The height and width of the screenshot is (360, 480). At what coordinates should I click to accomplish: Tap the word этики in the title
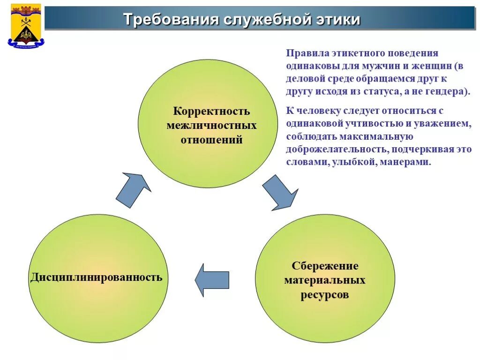pos(340,20)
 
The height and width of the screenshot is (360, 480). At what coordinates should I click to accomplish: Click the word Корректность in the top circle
pos(212,112)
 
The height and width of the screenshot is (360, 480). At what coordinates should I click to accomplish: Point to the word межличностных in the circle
pos(212,126)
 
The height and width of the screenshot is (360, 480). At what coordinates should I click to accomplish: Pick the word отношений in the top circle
pos(212,140)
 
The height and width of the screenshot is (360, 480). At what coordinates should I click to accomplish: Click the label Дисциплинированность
pos(97,277)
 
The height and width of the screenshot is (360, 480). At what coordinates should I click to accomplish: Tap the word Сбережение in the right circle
pos(325,266)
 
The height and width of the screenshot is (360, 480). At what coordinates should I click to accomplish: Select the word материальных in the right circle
pos(325,281)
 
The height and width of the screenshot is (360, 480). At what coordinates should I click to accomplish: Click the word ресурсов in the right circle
pos(325,295)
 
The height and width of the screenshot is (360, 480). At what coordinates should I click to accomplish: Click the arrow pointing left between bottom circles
pos(212,280)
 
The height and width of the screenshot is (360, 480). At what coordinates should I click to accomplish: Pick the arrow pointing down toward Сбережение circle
pos(279,191)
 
